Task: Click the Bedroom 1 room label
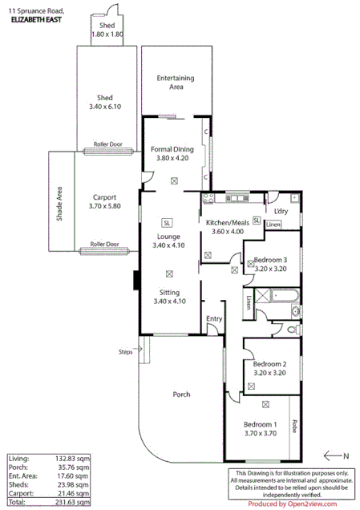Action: pyautogui.click(x=261, y=425)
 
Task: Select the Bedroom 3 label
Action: pyautogui.click(x=269, y=260)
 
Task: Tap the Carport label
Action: pyautogui.click(x=105, y=197)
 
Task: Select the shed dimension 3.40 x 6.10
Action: pyautogui.click(x=104, y=106)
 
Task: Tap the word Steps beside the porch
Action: pyautogui.click(x=126, y=351)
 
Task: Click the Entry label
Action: pyautogui.click(x=213, y=319)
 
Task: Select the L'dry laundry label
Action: pyautogui.click(x=281, y=211)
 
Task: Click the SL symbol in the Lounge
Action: pyautogui.click(x=166, y=222)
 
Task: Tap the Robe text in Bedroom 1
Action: pyautogui.click(x=295, y=426)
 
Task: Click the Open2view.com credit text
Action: pyautogui.click(x=301, y=504)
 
